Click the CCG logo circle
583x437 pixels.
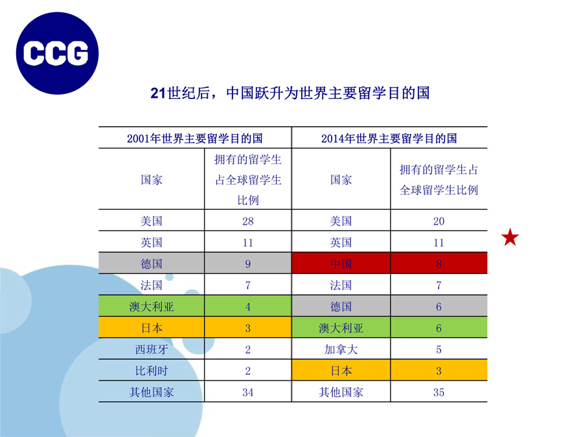click(57, 53)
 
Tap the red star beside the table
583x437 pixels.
click(510, 237)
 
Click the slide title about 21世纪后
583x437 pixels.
click(290, 93)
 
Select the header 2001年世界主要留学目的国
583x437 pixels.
click(195, 139)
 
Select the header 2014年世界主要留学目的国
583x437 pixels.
click(389, 139)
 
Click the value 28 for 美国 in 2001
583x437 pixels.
click(248, 221)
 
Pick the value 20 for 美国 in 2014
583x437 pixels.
click(439, 221)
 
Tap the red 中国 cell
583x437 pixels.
click(341, 263)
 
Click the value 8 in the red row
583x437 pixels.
click(439, 264)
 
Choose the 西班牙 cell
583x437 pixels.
click(152, 350)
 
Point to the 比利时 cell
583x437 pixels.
click(152, 370)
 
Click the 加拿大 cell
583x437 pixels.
click(341, 350)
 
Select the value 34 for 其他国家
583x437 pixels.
click(248, 392)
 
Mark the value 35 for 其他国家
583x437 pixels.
click(439, 392)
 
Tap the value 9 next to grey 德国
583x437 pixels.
click(248, 264)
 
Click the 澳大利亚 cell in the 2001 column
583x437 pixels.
click(152, 307)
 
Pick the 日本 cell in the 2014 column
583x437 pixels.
click(341, 370)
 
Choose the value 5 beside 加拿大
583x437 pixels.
click(439, 350)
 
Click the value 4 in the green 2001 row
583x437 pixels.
click(248, 307)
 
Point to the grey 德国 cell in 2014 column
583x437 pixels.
click(341, 307)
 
